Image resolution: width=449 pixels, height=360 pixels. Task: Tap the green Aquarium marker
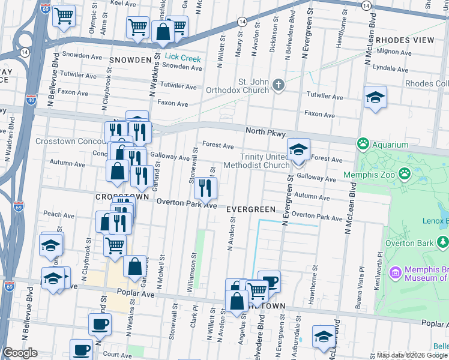tap(363, 145)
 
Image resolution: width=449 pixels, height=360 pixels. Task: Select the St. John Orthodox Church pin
tap(277, 85)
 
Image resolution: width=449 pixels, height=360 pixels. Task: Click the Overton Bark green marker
tap(442, 242)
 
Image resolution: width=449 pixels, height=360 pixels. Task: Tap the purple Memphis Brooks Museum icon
tap(395, 273)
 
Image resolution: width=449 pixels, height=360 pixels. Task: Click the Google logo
tap(20, 353)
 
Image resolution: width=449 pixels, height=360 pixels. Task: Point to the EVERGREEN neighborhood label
tap(251, 209)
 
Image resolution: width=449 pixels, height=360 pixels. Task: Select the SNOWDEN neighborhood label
tap(130, 60)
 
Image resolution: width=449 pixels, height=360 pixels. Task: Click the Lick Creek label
tap(183, 58)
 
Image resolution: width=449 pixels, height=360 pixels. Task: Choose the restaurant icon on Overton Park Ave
tap(206, 188)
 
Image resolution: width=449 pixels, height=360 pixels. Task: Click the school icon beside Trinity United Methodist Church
tap(298, 150)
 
